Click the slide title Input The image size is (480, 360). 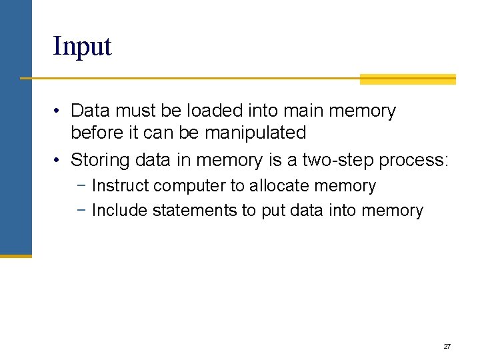[82, 47]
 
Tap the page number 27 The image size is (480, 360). [447, 347]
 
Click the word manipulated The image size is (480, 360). [255, 133]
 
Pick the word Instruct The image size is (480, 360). [120, 186]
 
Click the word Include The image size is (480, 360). [120, 211]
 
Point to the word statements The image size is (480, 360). [195, 211]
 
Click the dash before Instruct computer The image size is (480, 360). [82, 186]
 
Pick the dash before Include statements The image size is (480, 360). [82, 211]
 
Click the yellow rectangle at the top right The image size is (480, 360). [407, 79]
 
